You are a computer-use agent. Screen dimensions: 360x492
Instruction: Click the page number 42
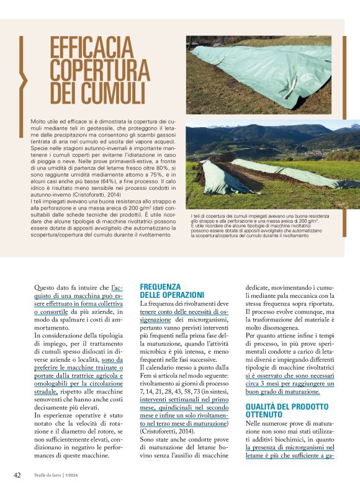pos(18,475)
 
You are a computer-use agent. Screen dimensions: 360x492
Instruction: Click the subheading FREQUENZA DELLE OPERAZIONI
pos(172,290)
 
